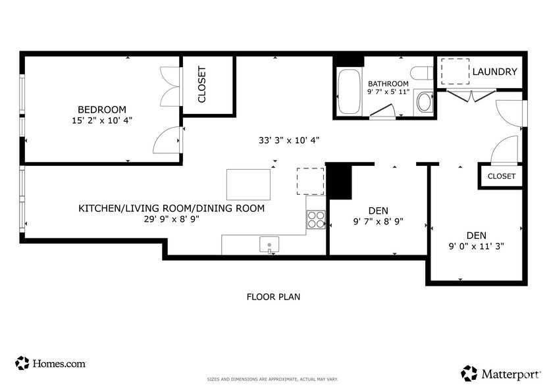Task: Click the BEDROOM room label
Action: click(102, 109)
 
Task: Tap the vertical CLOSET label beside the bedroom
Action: click(202, 85)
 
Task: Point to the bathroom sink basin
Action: click(425, 102)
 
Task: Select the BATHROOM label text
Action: click(388, 84)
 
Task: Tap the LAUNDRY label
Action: click(495, 72)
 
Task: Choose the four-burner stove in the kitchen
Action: click(316, 219)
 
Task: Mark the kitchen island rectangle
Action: click(249, 184)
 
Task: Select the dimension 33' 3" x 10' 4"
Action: click(289, 140)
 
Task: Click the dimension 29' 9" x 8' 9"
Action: click(172, 220)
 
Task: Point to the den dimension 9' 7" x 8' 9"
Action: click(378, 222)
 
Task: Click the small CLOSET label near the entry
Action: click(502, 176)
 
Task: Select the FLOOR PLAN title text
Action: click(273, 297)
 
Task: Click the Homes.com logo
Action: click(51, 363)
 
